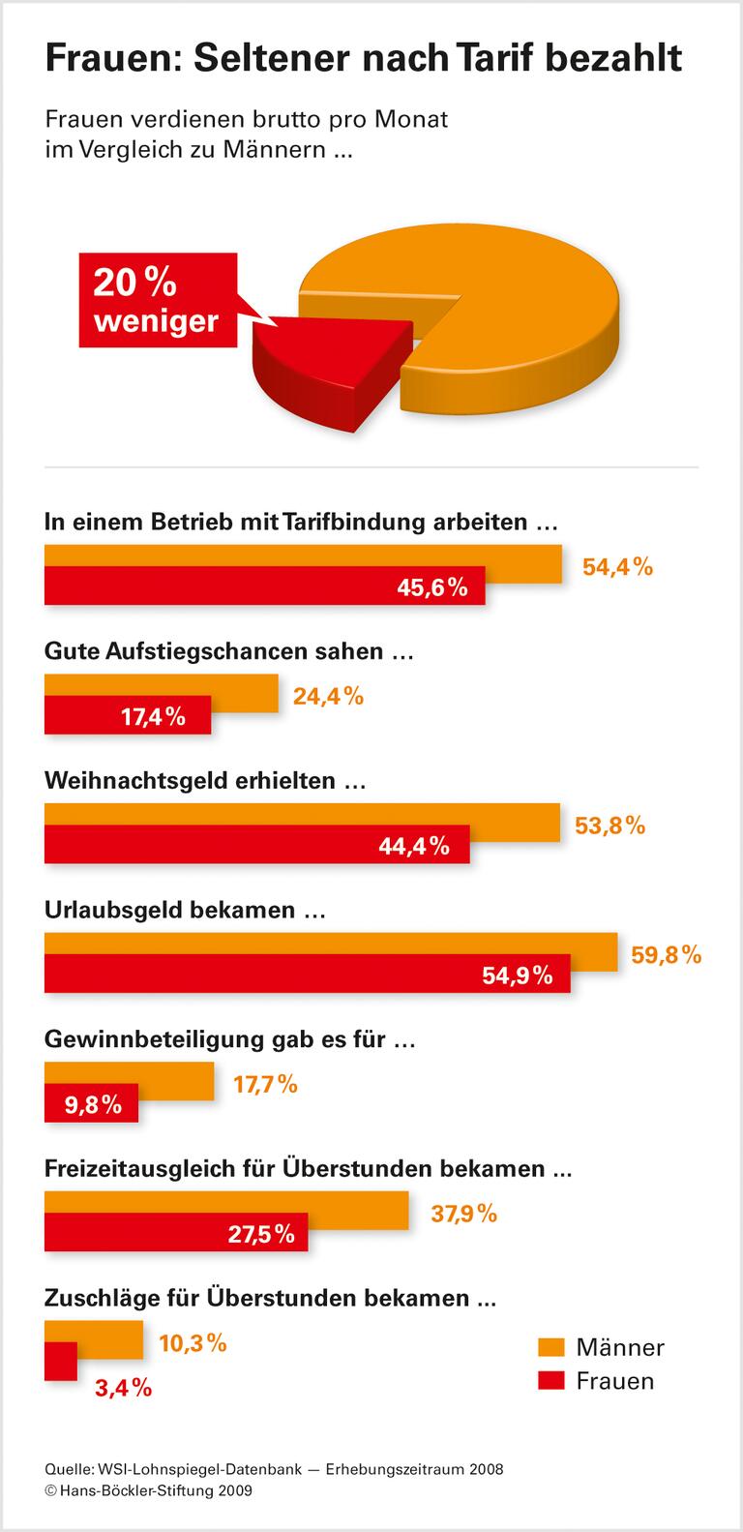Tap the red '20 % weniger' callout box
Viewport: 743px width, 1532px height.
pyautogui.click(x=157, y=299)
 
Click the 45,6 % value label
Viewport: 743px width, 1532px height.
pyautogui.click(x=432, y=586)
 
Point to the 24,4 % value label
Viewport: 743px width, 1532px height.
pyautogui.click(x=328, y=695)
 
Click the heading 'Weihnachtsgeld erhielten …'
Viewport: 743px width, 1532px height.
pyautogui.click(x=205, y=780)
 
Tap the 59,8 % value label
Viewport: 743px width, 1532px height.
pyautogui.click(x=666, y=955)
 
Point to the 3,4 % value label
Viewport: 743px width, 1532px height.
pyautogui.click(x=123, y=1388)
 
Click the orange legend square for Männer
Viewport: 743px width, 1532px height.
pyautogui.click(x=551, y=1346)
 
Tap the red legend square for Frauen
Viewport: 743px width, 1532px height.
pyautogui.click(x=551, y=1380)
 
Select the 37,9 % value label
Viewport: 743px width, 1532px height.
pyautogui.click(x=463, y=1213)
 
